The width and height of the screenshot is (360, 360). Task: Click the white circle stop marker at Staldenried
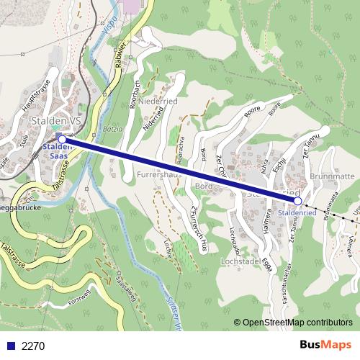[298, 202]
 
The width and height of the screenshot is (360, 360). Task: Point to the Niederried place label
[158, 102]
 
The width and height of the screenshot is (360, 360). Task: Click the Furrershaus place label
[158, 175]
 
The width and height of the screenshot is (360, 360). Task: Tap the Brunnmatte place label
[332, 176]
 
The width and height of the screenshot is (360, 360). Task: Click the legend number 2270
[33, 346]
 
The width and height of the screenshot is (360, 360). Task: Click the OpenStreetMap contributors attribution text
[297, 323]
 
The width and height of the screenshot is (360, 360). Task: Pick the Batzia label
[113, 129]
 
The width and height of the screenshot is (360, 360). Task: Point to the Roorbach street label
[134, 92]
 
